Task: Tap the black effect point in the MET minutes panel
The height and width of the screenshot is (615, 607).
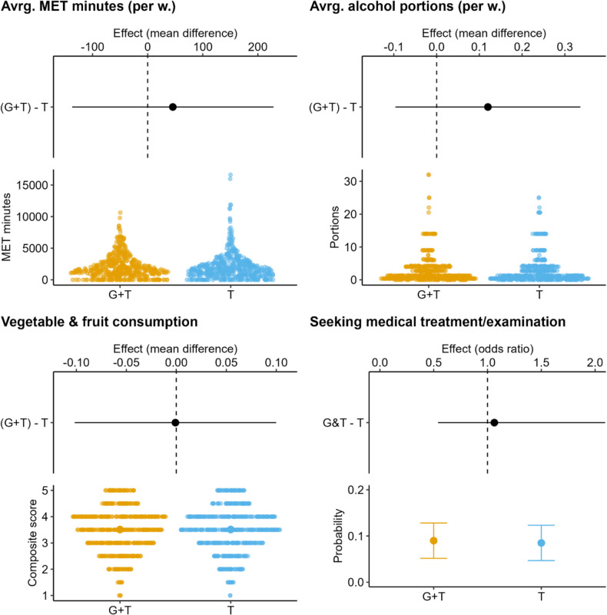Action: point(173,107)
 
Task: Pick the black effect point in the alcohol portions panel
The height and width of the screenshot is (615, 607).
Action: point(487,107)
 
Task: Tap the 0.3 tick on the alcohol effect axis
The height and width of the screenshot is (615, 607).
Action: point(565,47)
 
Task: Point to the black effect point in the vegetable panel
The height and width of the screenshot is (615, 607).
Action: point(175,422)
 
